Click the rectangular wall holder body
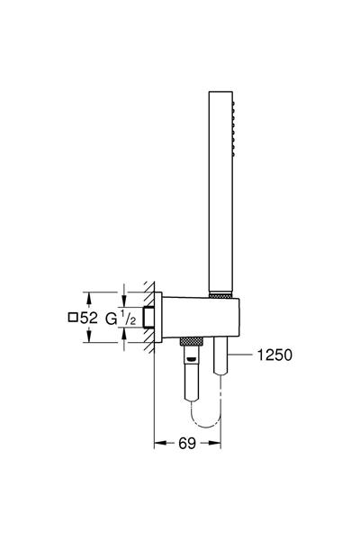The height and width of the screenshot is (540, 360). (x=193, y=316)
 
